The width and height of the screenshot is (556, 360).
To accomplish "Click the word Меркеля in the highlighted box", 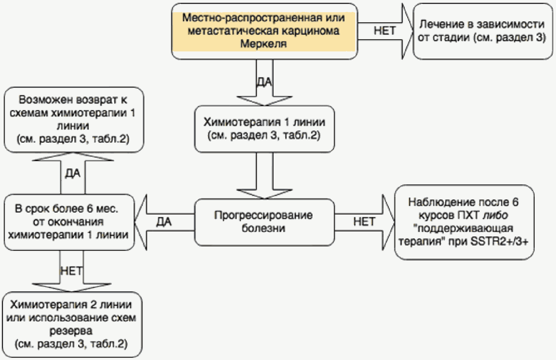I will (264, 44).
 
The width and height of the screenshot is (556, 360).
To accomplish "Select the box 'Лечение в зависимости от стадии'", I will (482, 31).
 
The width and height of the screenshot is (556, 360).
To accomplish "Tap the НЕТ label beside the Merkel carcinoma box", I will (385, 31).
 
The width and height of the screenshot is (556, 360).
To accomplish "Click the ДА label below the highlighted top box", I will (265, 82).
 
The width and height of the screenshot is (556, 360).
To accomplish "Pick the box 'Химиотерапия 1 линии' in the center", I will (264, 129).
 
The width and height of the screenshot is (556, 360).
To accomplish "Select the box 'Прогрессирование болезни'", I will (264, 222).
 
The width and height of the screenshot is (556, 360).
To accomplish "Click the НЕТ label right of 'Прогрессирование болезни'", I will (364, 222).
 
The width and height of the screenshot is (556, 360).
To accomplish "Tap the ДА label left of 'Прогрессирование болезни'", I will (164, 222).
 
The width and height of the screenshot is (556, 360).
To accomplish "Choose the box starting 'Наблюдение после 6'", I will (464, 222).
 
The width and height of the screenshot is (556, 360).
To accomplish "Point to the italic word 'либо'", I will (495, 215).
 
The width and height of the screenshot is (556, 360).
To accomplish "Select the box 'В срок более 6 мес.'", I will (69, 222).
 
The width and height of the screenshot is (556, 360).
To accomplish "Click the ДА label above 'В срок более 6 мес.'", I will (72, 173).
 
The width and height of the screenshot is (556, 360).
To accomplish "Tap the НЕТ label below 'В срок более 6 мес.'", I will (72, 271).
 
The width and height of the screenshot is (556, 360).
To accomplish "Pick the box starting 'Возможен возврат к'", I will (73, 119).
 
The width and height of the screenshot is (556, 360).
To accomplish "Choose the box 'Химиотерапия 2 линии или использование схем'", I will (72, 324).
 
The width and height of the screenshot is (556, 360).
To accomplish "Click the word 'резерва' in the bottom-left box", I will (71, 331).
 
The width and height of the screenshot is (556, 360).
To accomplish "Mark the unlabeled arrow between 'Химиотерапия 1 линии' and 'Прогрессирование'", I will (265, 176).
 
